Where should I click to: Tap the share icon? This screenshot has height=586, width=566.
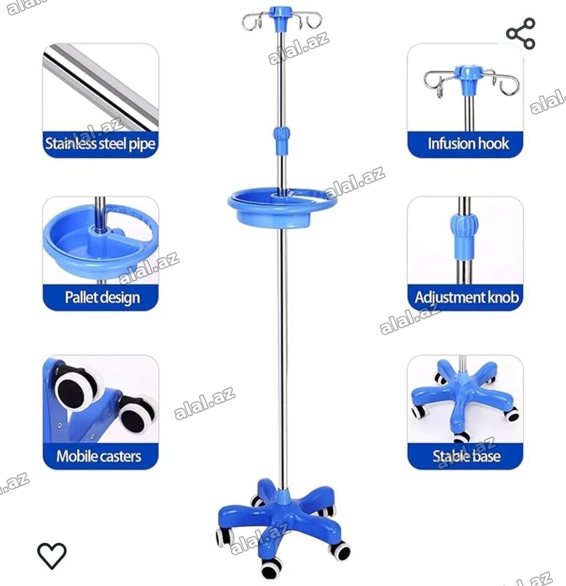point(521,34)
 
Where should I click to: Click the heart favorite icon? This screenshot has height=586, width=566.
point(52,556)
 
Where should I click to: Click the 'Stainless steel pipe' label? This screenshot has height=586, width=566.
point(100,144)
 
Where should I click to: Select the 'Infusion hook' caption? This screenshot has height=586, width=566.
point(468,143)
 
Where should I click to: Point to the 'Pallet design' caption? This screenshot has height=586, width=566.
point(102,298)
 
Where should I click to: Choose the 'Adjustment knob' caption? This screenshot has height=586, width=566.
point(467,298)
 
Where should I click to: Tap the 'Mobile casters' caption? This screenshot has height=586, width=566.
point(99,456)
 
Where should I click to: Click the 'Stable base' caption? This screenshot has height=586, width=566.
point(467,456)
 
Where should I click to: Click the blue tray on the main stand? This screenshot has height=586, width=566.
point(282,208)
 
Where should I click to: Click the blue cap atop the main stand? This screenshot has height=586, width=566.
point(282,14)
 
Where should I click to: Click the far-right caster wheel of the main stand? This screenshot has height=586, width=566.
point(340,551)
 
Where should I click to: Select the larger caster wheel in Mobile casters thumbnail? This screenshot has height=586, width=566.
point(77,388)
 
